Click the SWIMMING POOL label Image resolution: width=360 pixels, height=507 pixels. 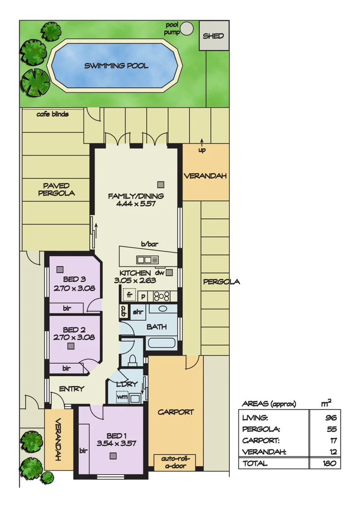(x=116, y=65)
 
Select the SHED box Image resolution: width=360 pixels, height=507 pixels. (x=213, y=35)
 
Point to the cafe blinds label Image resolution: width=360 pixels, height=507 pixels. (x=53, y=114)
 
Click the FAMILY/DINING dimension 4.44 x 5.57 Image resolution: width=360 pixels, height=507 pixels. (x=136, y=203)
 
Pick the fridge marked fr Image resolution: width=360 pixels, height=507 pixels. (x=129, y=295)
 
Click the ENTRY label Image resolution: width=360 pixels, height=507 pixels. (x=71, y=388)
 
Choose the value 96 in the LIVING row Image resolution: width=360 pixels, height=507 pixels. (x=330, y=417)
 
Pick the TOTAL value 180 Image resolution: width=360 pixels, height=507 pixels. (x=329, y=463)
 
